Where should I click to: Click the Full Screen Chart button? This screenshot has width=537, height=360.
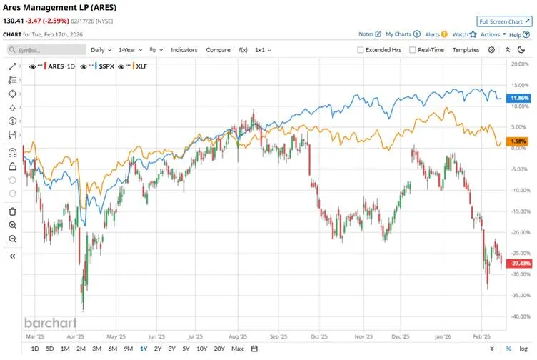[x=504, y=21]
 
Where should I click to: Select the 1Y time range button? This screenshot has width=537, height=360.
[x=144, y=349]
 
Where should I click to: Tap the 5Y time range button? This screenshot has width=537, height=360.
[x=186, y=349]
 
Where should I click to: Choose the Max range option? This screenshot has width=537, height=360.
[x=237, y=349]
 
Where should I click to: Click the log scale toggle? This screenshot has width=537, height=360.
[x=525, y=349]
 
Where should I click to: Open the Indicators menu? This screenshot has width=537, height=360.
[x=184, y=50]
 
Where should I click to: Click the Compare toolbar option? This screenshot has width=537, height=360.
[x=218, y=50]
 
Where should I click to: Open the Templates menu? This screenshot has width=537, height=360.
[x=466, y=50]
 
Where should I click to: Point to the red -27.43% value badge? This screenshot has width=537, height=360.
[x=518, y=264]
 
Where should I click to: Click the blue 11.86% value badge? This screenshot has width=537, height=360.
[x=520, y=98]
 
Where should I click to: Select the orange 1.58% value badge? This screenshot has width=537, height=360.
[x=519, y=141]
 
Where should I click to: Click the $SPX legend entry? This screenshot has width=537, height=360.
[x=106, y=66]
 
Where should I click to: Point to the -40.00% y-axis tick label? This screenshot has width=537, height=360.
[x=518, y=316]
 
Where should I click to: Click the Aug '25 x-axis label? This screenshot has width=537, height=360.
[x=238, y=335]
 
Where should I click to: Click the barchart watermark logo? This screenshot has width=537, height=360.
[x=50, y=322]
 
